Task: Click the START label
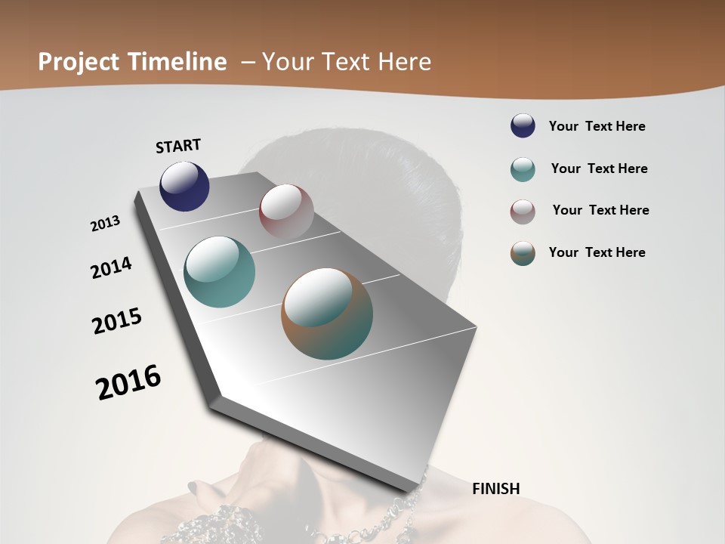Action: click(x=178, y=146)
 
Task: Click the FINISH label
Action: click(x=495, y=489)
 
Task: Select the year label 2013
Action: click(x=106, y=224)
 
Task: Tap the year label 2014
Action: click(x=111, y=267)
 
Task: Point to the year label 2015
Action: click(x=117, y=321)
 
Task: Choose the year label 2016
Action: click(x=128, y=382)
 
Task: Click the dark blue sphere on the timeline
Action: click(x=184, y=186)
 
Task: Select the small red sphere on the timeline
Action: click(x=286, y=212)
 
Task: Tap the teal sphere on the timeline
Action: click(x=219, y=272)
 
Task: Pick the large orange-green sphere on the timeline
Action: click(x=327, y=314)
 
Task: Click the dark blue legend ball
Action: click(x=523, y=126)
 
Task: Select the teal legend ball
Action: click(x=523, y=169)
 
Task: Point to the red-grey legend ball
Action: click(x=523, y=212)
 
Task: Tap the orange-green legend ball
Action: click(x=523, y=253)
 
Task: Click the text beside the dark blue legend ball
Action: click(x=597, y=126)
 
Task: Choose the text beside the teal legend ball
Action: click(x=599, y=168)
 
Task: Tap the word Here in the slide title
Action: click(x=403, y=62)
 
